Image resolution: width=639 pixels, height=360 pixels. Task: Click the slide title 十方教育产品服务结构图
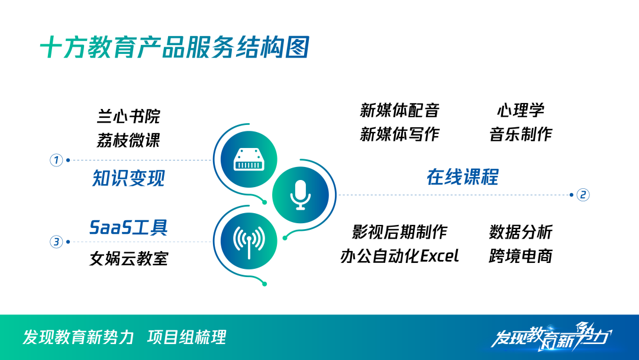(x=175, y=47)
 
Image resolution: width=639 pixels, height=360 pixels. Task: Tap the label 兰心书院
(x=128, y=116)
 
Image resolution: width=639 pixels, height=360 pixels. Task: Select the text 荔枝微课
(x=128, y=140)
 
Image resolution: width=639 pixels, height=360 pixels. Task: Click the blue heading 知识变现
(x=128, y=178)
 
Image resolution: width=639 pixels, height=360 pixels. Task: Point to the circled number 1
(x=56, y=160)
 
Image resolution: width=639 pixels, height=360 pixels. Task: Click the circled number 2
(x=583, y=195)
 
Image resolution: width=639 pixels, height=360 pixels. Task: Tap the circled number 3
(x=56, y=242)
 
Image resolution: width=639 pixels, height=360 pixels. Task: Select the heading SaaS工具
(x=128, y=227)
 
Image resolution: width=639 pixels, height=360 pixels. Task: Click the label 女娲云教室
(x=129, y=259)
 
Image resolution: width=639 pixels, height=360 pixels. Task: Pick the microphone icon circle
(x=301, y=195)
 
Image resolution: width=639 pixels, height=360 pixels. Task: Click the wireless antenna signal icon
(x=248, y=242)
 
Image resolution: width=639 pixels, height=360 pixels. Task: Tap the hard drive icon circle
(x=248, y=159)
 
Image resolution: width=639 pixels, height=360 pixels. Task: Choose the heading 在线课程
(x=463, y=177)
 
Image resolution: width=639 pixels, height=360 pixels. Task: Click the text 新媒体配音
(x=399, y=110)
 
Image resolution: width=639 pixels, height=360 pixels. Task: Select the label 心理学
(x=521, y=110)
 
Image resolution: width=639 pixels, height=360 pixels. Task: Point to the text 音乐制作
(x=521, y=134)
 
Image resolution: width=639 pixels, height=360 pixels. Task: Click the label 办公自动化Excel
(x=399, y=256)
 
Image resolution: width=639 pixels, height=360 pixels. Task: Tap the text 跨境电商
(x=521, y=256)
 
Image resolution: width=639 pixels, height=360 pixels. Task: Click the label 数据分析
(x=521, y=232)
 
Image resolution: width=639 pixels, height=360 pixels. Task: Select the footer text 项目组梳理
(x=186, y=337)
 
